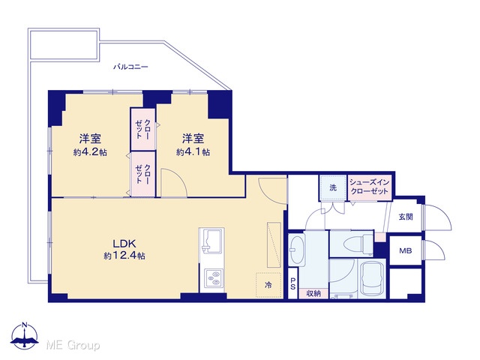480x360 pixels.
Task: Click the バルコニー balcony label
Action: click(x=130, y=67)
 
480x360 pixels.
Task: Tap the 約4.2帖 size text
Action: click(x=90, y=152)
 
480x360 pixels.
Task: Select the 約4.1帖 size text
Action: click(x=193, y=152)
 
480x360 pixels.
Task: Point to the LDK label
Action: click(x=124, y=244)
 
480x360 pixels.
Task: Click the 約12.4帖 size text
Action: click(x=124, y=255)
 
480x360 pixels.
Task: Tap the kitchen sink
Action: click(x=211, y=241)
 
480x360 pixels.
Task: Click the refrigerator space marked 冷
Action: click(x=268, y=285)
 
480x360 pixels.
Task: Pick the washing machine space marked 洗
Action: click(x=333, y=187)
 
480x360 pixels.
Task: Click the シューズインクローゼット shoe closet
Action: click(x=370, y=187)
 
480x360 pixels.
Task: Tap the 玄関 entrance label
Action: click(x=406, y=217)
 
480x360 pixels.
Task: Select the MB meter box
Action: click(x=406, y=250)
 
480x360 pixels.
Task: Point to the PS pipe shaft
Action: click(x=293, y=283)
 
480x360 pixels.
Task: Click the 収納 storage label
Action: click(x=313, y=293)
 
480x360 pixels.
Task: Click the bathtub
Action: click(x=372, y=279)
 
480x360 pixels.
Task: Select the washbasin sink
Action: click(x=296, y=250)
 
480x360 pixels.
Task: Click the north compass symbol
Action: click(x=25, y=335)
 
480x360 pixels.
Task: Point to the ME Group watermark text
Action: click(x=73, y=346)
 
